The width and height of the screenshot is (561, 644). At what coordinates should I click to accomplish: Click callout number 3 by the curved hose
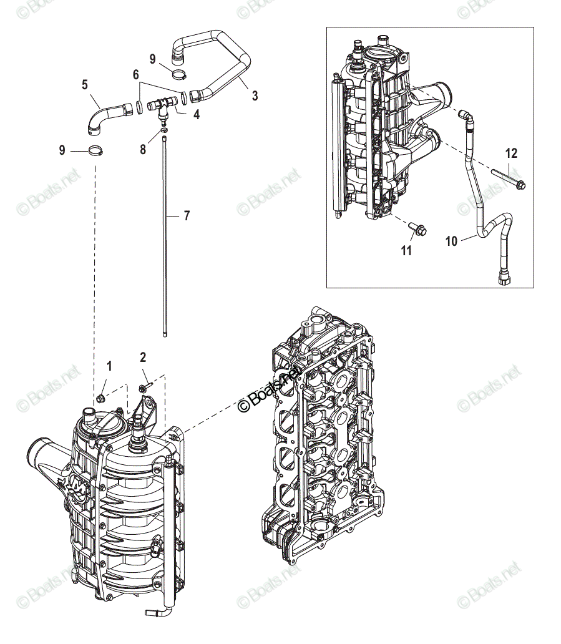coord(254,95)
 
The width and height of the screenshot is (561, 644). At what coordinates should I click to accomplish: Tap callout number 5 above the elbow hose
coord(85,84)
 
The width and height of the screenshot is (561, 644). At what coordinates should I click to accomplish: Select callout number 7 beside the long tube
coord(187,216)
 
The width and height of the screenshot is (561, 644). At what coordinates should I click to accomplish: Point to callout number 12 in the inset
coord(511,153)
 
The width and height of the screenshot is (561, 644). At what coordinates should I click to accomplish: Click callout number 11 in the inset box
coord(406,251)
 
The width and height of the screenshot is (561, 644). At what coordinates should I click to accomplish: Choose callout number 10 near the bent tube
coord(452,240)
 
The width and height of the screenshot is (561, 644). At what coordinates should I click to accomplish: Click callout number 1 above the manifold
coord(110,366)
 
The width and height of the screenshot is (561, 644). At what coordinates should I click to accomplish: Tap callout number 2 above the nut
coord(143,357)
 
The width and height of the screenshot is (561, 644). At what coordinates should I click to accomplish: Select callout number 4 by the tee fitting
coord(196,115)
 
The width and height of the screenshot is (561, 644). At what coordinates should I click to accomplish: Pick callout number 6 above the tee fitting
coord(135,74)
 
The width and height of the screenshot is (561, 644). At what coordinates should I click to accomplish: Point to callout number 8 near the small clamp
coord(143,149)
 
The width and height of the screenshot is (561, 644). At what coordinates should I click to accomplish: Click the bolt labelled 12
coord(508,179)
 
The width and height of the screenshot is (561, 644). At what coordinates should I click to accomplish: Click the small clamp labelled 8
coord(163,130)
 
